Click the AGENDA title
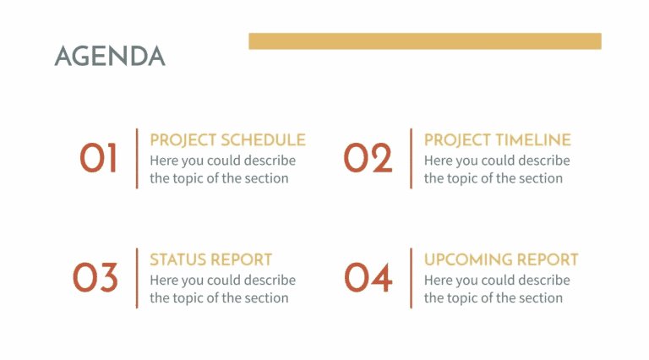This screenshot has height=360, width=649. (x=110, y=56)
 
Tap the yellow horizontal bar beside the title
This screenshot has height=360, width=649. (x=424, y=41)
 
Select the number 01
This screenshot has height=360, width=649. (x=99, y=158)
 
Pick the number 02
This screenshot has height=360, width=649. (x=368, y=158)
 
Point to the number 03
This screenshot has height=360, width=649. (x=95, y=278)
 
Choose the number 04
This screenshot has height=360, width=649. (x=368, y=278)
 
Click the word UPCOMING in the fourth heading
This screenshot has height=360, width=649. (x=467, y=259)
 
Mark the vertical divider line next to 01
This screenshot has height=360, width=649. (x=136, y=158)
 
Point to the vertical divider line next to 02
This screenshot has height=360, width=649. (x=411, y=158)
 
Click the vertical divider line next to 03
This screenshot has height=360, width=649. (x=136, y=278)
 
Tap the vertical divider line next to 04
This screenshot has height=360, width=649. (x=411, y=278)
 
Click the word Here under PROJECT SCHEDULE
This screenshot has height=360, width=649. (x=164, y=161)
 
